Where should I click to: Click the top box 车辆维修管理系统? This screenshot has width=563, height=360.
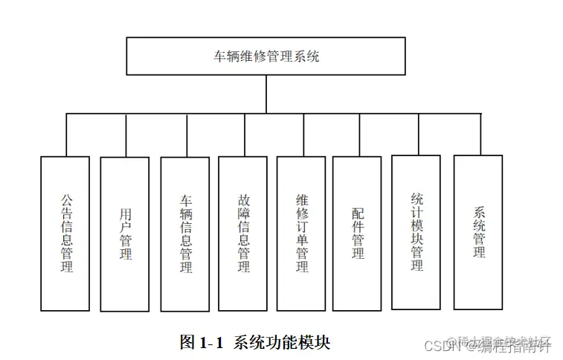coord(266,57)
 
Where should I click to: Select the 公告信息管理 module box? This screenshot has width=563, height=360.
coord(65,234)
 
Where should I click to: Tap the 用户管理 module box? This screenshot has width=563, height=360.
coord(125,234)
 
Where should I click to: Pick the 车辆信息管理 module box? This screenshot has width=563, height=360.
coord(185,234)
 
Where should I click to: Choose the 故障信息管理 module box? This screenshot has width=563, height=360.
coord(243,234)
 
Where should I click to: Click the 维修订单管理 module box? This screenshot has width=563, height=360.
coord(301,234)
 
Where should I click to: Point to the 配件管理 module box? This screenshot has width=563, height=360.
coord(357,234)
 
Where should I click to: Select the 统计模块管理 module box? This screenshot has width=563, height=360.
coord(416,232)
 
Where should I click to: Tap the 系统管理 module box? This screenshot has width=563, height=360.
coord(478,232)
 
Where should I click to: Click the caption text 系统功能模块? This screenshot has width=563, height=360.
coord(282,343)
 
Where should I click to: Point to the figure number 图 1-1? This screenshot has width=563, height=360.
coord(201,343)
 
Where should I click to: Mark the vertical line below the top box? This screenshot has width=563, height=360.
coord(266,94)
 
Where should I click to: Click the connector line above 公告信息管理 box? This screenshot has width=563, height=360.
coord(65,135)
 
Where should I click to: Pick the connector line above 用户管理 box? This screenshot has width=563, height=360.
coord(125,135)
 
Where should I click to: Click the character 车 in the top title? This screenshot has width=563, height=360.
coord(219,57)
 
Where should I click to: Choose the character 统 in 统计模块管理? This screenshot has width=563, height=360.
coord(416,199)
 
